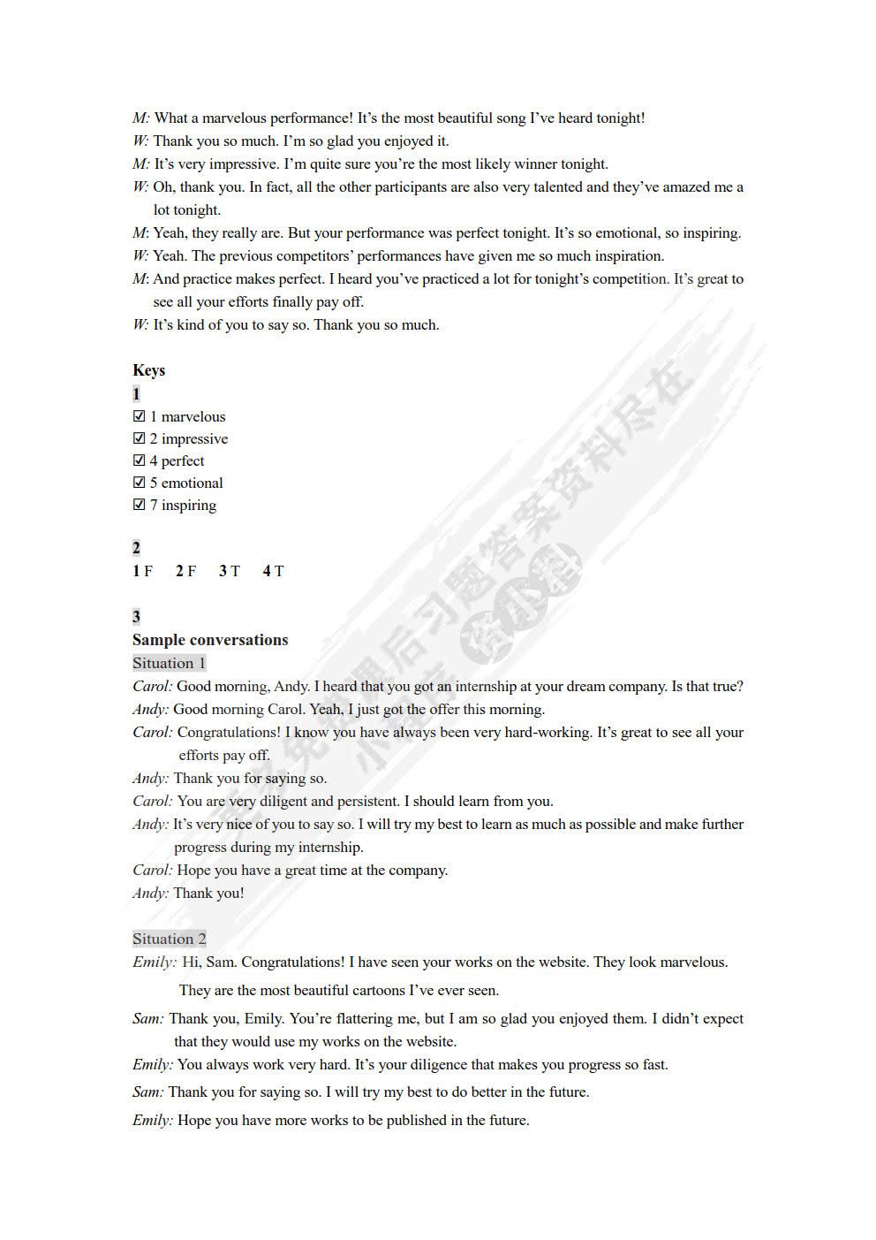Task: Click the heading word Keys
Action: pos(148,370)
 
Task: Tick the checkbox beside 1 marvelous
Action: pos(139,416)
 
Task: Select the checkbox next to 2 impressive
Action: pos(139,438)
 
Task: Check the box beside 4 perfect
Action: pos(139,460)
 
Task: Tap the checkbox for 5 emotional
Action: pos(139,483)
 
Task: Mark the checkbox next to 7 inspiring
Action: pos(139,505)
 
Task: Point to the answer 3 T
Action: pos(230,571)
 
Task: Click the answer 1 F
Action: pos(143,571)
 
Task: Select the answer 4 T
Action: pos(273,571)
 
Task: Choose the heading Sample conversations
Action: pos(210,640)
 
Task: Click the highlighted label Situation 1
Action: pos(169,663)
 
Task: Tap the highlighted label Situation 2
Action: pos(169,939)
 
